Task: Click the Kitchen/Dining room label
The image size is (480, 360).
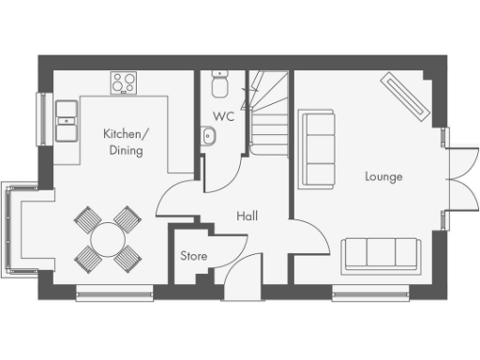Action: (123, 142)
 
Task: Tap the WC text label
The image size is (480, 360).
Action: (223, 117)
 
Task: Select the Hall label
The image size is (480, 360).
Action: (247, 217)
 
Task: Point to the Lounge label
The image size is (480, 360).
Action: (384, 176)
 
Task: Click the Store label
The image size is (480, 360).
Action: (193, 255)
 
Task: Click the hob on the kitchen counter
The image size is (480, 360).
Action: (124, 82)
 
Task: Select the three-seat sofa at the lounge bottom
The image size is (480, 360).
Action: (381, 253)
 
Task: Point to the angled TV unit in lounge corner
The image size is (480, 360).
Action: (406, 97)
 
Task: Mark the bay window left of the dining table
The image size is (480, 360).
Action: (13, 230)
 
